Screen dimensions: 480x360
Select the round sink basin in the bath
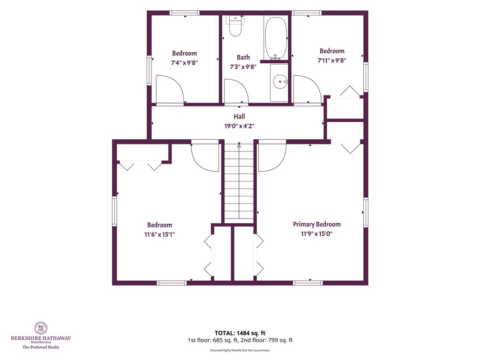(x=280, y=82)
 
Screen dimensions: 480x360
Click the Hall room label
(x=240, y=116)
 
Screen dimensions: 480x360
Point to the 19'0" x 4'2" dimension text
(x=240, y=126)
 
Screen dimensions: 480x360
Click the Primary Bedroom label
(x=316, y=225)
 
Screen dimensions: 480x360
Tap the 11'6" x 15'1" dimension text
(x=159, y=234)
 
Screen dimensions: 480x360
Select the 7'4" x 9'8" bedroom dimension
(x=184, y=63)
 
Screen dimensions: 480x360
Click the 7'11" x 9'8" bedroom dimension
(x=332, y=60)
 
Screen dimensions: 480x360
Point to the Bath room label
(x=243, y=57)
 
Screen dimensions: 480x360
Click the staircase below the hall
(x=239, y=183)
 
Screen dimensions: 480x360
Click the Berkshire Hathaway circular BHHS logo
(x=41, y=328)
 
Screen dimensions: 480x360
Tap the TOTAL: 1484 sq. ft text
(x=240, y=333)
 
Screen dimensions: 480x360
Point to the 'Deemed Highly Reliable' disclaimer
(x=240, y=350)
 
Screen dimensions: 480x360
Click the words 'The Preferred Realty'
(x=41, y=347)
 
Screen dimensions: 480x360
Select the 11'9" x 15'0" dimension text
(x=316, y=234)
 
